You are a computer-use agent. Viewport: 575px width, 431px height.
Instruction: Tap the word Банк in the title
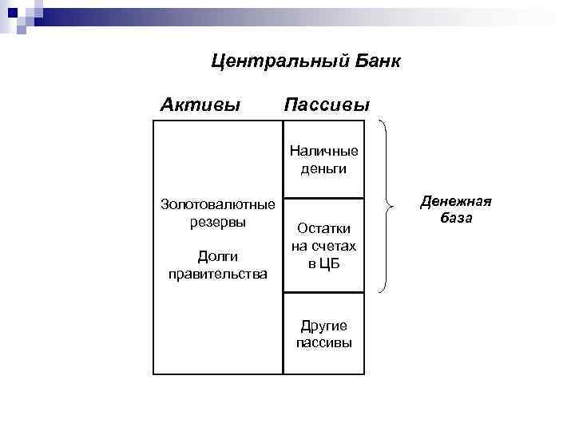pos(372,61)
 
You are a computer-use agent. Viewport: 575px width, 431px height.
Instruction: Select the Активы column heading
pos(200,105)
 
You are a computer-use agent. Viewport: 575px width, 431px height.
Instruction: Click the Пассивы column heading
pos(327,105)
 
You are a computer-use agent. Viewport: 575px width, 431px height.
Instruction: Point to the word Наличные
pos(323,151)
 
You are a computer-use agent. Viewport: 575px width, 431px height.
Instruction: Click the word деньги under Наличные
pos(323,168)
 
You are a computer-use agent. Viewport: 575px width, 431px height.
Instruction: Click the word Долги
pos(217,256)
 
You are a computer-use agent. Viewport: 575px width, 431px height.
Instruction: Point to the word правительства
pos(217,274)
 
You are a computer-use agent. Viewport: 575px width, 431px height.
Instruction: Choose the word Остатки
pos(323,228)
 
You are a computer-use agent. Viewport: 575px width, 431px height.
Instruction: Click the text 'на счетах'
pos(323,246)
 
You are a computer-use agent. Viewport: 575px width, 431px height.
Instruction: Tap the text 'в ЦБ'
pos(323,263)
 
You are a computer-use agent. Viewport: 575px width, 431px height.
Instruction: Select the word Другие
pos(323,325)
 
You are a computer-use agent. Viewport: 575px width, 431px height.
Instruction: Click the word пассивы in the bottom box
pos(323,342)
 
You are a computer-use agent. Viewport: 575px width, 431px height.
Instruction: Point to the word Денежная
pos(456,200)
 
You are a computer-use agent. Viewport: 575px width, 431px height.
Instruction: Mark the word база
pos(456,217)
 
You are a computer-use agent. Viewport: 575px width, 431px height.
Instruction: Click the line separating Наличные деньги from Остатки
pos(323,198)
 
